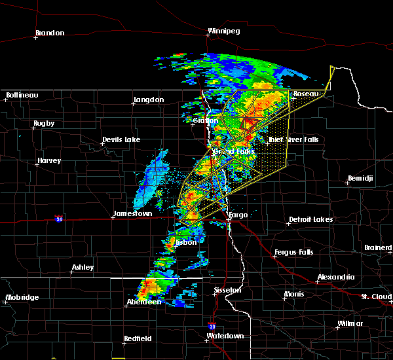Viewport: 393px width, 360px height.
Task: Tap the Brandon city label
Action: pyautogui.click(x=50, y=33)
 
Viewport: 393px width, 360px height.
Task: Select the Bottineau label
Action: pyautogui.click(x=22, y=96)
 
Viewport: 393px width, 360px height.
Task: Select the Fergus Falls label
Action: pyautogui.click(x=293, y=252)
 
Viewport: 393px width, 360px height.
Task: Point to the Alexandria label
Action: pyautogui.click(x=336, y=278)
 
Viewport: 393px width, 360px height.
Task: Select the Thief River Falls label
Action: pyautogui.click(x=293, y=139)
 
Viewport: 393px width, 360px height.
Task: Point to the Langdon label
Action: pyautogui.click(x=148, y=100)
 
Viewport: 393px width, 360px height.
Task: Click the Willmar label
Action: pyautogui.click(x=349, y=324)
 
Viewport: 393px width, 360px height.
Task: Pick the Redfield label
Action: pyautogui.click(x=138, y=338)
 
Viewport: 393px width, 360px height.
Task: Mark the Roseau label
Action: pyautogui.click(x=305, y=94)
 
